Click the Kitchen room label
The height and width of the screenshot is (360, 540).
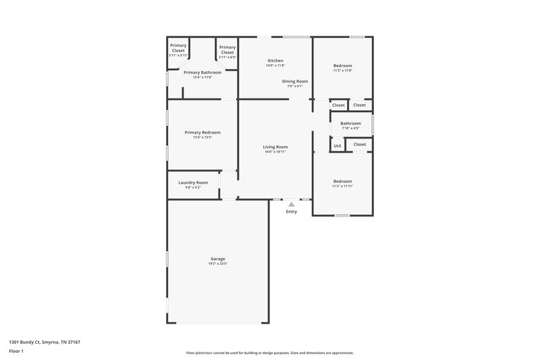coord(275,61)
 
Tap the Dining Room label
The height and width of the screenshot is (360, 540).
coord(295,81)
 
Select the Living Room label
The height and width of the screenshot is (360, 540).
coord(275,147)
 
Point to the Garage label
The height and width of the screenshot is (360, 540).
coord(218,259)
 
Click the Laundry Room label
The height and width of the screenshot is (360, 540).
coord(193,182)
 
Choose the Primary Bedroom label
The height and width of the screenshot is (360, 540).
coord(202,132)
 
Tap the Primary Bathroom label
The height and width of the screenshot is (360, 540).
coord(202,72)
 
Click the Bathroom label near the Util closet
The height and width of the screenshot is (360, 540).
coord(350,123)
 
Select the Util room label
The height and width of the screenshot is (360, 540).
coord(337,146)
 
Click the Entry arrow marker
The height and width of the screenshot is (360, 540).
coord(291,203)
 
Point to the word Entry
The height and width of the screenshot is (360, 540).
coord(291,212)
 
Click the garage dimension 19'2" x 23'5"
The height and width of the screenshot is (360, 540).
coord(218,264)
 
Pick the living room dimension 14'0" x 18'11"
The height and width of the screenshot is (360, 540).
coord(275,152)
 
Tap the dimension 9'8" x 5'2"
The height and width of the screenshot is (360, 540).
coord(193,188)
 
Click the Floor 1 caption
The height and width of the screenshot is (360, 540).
coord(16,352)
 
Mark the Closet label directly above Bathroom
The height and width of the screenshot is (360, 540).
coord(338,105)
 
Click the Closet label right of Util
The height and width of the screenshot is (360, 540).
coord(359,144)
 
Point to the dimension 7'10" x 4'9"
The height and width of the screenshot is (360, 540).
coord(350,128)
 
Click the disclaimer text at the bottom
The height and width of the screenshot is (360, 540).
coord(270,353)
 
